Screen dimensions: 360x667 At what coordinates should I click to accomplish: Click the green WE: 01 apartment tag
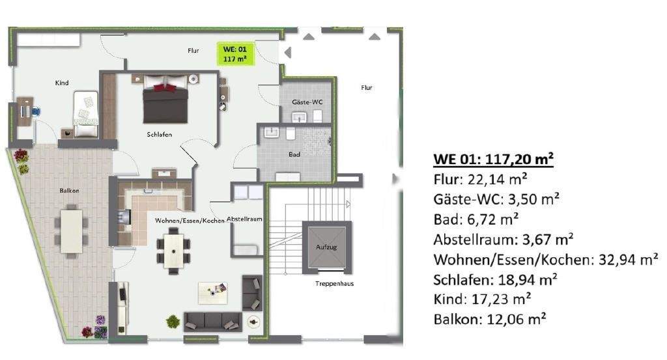coord(234,53)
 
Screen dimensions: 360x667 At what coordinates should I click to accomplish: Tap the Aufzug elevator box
coord(327,247)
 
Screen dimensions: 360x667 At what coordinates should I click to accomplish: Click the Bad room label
coord(294,154)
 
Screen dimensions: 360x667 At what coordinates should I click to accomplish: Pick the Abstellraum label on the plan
coord(244,219)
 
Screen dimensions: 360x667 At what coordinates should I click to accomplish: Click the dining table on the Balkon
coord(72,228)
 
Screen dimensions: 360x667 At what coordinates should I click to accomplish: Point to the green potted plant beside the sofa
coord(173,320)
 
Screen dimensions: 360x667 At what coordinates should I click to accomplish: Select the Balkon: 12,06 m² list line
coord(489,319)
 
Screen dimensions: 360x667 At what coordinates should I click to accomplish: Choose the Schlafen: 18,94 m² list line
coord(495,280)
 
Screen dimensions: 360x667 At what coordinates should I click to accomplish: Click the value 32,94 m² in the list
coord(625,260)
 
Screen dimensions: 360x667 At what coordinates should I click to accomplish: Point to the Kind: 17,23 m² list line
coord(481,299)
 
